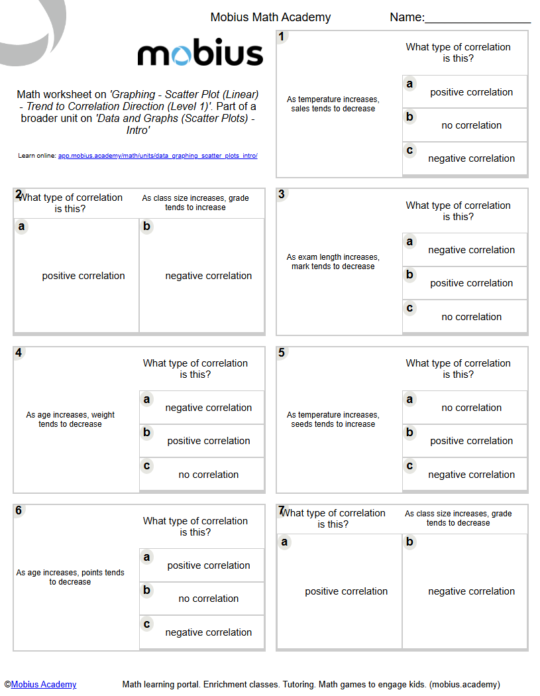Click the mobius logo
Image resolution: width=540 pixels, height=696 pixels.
[x=200, y=54]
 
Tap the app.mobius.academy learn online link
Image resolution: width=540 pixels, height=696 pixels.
[x=158, y=156]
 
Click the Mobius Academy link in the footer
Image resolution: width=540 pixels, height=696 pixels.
[x=44, y=685]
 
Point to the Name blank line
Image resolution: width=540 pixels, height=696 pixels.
[x=477, y=23]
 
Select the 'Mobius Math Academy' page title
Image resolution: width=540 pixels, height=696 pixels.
[x=270, y=17]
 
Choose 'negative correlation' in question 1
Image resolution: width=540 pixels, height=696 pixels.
[x=471, y=158]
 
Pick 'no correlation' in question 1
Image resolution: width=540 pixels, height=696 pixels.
[x=471, y=125]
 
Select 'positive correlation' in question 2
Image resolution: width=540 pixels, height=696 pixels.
[x=83, y=276]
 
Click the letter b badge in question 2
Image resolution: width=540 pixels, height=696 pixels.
[x=147, y=227]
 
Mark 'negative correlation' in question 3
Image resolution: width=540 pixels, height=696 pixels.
[x=471, y=250]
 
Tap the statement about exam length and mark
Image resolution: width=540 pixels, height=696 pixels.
[x=333, y=262]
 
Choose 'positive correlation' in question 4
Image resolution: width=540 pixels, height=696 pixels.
[x=208, y=441]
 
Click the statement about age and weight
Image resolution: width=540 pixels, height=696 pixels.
[x=70, y=420]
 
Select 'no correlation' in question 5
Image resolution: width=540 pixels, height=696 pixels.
[x=471, y=408]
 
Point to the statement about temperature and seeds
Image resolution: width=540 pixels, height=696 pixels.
[x=333, y=420]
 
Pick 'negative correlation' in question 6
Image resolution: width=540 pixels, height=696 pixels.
[x=208, y=632]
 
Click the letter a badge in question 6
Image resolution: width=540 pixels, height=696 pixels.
[x=147, y=557]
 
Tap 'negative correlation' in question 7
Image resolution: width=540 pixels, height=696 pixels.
[x=471, y=591]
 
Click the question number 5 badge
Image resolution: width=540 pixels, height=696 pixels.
[x=282, y=353]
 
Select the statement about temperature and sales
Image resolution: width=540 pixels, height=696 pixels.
[x=333, y=104]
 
